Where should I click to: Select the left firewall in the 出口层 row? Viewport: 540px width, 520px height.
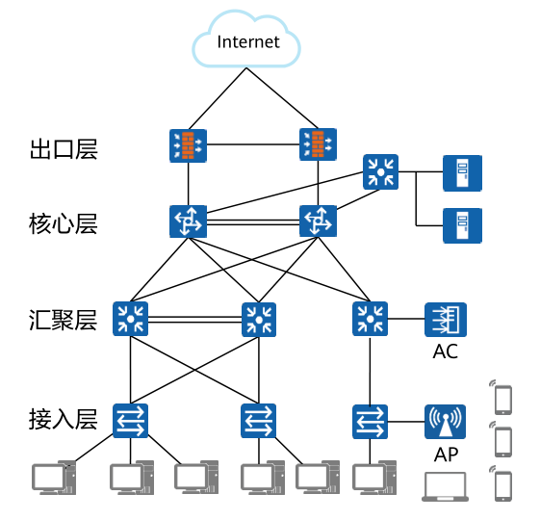188,145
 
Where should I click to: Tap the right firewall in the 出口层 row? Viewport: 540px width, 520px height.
318,145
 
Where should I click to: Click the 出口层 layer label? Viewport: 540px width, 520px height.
64,149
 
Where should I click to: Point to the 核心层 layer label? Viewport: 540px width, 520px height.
64,224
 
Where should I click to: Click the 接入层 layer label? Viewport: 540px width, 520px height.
64,420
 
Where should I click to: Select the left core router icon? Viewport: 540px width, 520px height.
188,221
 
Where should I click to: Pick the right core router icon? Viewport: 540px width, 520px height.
318,221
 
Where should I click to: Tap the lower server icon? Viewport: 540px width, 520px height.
462,225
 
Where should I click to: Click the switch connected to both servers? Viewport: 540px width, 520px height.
381,172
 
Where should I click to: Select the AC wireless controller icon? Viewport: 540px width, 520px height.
446,319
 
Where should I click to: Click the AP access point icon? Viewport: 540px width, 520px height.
445,420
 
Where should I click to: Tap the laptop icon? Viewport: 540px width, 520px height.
446,486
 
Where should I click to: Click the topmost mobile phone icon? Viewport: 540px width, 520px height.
501,396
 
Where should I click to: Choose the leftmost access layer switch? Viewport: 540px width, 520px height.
131,420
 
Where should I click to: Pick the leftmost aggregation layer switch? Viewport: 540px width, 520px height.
131,319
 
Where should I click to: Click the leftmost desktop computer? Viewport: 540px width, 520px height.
51,479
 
